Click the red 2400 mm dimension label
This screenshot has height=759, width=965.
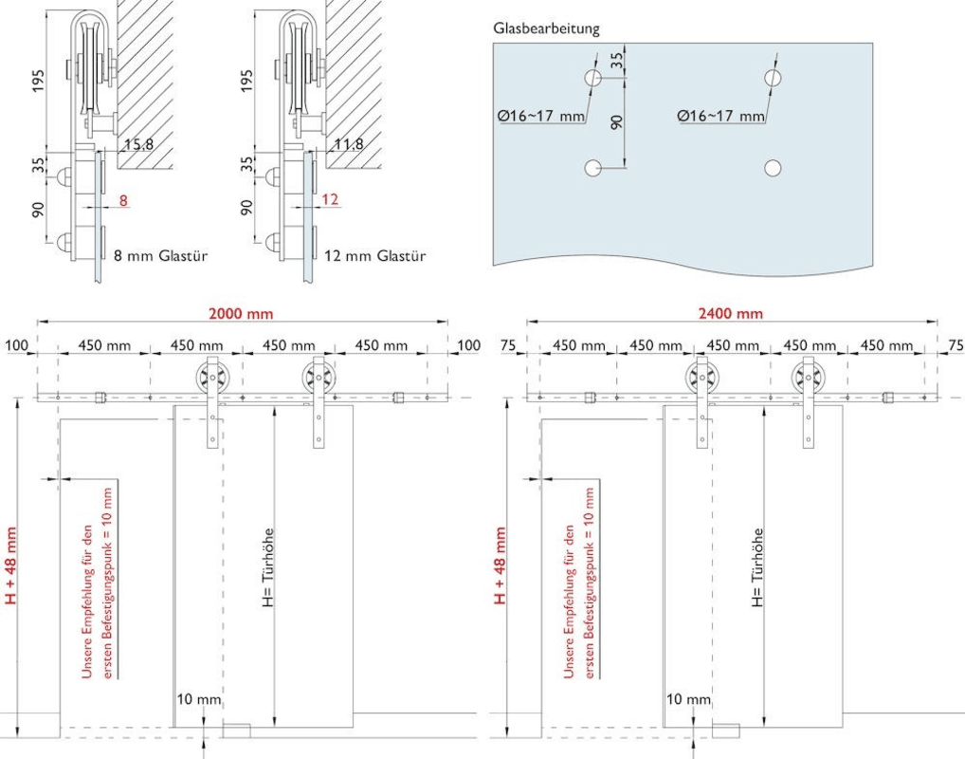click(732, 314)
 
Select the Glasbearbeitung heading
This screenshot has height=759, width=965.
click(546, 28)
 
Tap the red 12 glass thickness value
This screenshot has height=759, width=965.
click(330, 201)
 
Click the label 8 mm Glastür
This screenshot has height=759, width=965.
click(160, 255)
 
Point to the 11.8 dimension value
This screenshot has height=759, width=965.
click(348, 145)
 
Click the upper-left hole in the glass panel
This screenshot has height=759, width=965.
click(593, 78)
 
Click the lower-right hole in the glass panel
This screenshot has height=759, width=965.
click(773, 168)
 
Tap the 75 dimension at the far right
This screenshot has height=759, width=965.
click(954, 345)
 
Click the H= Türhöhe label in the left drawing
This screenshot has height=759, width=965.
click(269, 566)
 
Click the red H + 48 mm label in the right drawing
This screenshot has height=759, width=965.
click(501, 566)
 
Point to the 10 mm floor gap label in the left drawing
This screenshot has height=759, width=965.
click(198, 699)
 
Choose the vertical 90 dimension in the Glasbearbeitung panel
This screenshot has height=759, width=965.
click(617, 122)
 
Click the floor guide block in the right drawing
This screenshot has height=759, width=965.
click(725, 729)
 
